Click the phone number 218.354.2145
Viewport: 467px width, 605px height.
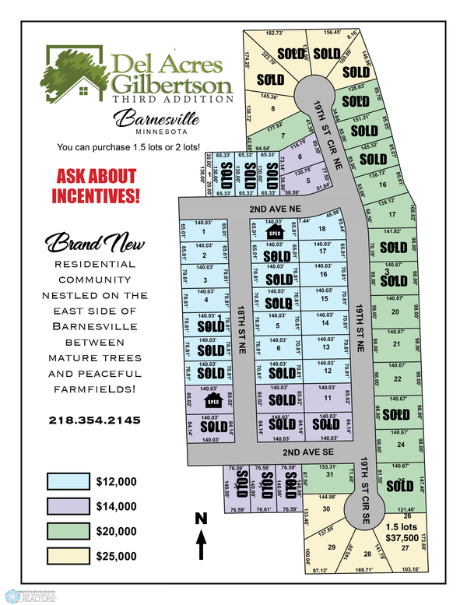(x=94, y=420)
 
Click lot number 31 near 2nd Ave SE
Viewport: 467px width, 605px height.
(x=329, y=474)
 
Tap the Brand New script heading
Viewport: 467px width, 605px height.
(x=94, y=243)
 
